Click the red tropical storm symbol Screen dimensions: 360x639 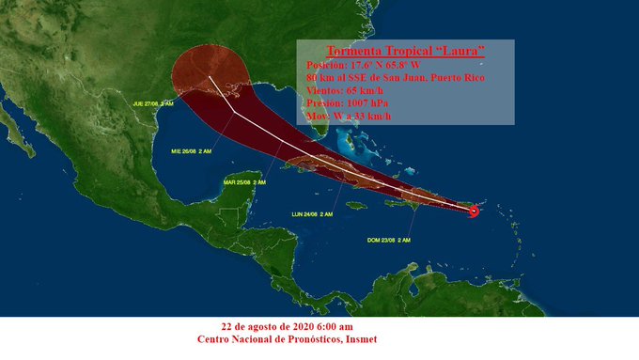(x=474, y=211)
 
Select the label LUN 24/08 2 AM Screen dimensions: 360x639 (x=313, y=215)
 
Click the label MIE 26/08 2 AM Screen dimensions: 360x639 (x=191, y=149)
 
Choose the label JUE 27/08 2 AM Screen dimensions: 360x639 (x=153, y=103)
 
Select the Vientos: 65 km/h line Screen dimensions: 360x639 (x=345, y=90)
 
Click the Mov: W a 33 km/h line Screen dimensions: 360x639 (x=349, y=117)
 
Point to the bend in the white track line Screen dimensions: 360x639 (x=234, y=111)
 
